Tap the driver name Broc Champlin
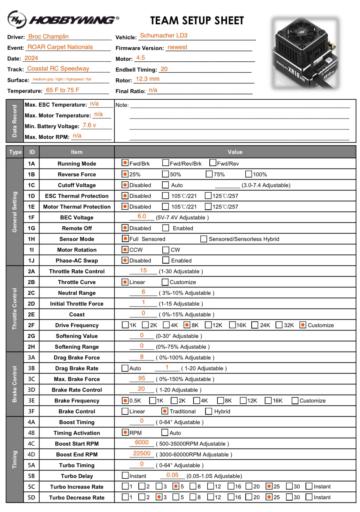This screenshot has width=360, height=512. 48,37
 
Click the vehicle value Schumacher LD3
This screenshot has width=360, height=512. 164,36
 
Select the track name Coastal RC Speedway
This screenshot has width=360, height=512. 58,69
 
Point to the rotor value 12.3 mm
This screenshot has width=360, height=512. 147,79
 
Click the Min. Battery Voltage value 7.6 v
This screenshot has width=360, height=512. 89,125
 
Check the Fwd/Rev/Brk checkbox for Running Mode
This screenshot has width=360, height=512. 165,163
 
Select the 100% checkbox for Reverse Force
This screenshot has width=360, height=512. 249,174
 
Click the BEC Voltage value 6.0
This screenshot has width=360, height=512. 142,216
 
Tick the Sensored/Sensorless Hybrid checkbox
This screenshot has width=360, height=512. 204,239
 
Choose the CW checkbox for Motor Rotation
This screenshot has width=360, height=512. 166,250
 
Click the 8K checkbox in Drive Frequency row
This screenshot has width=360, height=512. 187,325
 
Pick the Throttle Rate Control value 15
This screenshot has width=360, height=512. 143,271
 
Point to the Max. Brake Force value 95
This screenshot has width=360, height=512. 142,378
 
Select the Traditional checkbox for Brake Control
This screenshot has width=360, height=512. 165,411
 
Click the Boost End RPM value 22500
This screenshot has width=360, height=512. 142,453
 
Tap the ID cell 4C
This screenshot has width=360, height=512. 31,444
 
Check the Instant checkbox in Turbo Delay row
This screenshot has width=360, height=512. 125,475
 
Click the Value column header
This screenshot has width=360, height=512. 235,152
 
